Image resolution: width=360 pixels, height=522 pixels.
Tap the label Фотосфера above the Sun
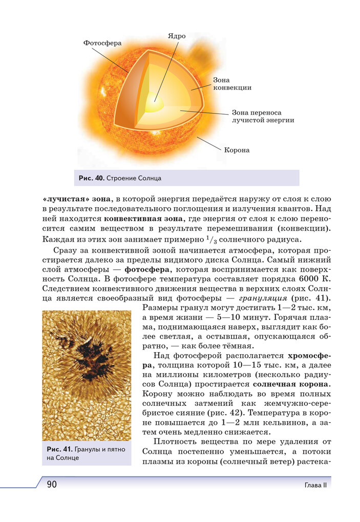tap(102, 43)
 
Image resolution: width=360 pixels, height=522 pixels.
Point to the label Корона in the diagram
tap(237, 150)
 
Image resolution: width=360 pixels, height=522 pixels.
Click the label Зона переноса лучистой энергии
tap(263, 116)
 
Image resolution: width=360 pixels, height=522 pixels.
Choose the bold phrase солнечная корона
tap(292, 384)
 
